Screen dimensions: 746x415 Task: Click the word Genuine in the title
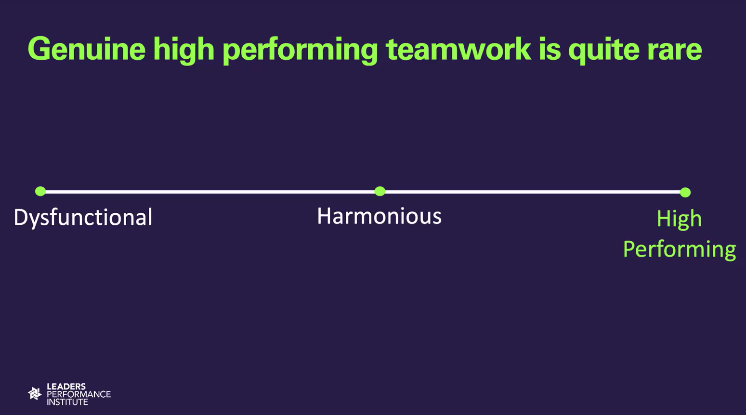[87, 49]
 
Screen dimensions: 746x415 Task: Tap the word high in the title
[183, 50]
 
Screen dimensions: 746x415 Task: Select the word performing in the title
[300, 51]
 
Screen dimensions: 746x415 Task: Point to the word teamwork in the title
[458, 49]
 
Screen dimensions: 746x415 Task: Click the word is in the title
[550, 49]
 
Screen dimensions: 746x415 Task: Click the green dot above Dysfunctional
[40, 191]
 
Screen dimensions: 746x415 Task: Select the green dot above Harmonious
[380, 191]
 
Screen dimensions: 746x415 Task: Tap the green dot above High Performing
[685, 193]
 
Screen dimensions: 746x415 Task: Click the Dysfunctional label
[83, 218]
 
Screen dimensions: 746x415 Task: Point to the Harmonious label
[380, 216]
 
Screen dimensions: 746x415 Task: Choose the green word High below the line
[679, 220]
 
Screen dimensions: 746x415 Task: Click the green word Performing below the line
[680, 249]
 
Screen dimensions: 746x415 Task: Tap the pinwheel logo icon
[35, 394]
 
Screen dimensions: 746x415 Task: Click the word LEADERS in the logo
[66, 387]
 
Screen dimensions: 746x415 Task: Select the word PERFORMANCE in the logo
[79, 394]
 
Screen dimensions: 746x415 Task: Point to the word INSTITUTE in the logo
[67, 402]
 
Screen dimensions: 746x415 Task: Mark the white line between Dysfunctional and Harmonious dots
[210, 192]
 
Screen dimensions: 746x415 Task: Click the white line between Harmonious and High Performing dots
[533, 192]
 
